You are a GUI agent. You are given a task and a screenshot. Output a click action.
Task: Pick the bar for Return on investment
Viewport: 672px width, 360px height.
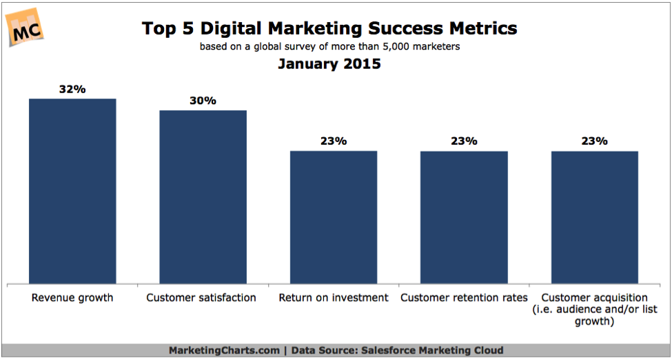point(334,217)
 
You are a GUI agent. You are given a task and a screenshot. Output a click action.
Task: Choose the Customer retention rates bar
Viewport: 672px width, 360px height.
point(464,217)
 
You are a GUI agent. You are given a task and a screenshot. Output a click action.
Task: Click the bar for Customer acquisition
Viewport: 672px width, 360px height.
point(594,217)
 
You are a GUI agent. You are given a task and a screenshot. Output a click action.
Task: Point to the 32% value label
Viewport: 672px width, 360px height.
point(72,89)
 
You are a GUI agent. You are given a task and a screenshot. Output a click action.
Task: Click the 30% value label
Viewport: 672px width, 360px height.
point(203,101)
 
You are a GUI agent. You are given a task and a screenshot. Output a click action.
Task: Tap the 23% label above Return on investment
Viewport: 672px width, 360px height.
point(334,141)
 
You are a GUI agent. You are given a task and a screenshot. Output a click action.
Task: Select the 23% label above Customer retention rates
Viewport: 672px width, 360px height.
point(464,141)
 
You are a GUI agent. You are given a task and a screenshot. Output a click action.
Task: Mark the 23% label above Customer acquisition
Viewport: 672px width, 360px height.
point(594,141)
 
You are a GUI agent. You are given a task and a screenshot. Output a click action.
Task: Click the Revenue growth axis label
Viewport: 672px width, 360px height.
point(72,298)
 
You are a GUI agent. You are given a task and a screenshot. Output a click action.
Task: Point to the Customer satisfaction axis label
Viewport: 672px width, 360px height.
point(201,298)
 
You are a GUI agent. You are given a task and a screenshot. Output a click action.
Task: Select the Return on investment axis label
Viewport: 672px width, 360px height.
point(334,298)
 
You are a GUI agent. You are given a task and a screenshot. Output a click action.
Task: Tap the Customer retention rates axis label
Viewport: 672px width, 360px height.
point(464,298)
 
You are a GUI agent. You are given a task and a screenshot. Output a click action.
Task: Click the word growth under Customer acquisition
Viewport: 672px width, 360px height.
point(594,321)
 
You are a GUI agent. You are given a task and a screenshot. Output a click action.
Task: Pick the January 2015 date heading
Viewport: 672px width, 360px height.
point(329,65)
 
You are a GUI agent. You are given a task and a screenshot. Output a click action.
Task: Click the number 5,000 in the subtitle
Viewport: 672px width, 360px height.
point(405,47)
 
